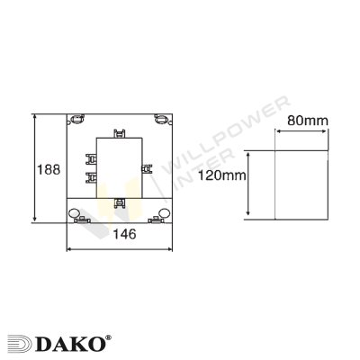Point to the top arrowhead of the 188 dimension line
pos(34,116)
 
